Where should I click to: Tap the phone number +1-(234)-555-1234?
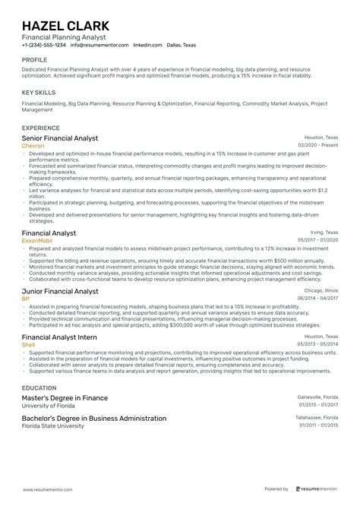coord(45,44)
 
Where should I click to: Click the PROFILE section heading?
coord(34,58)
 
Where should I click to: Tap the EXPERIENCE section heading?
coord(41,128)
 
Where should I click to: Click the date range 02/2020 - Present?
coord(317,145)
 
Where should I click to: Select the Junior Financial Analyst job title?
coord(60,291)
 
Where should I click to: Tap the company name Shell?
coord(29,343)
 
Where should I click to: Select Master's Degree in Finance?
coord(65,397)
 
